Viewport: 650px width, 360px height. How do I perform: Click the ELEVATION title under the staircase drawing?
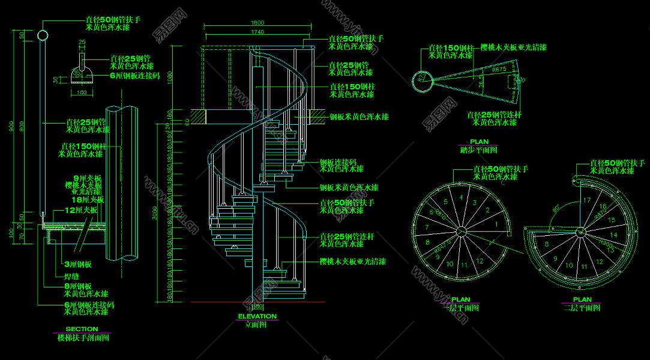point(257,316)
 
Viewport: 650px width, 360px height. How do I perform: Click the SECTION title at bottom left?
point(82,329)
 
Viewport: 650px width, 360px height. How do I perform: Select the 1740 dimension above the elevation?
point(258,32)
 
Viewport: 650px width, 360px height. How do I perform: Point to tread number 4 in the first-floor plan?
point(461,197)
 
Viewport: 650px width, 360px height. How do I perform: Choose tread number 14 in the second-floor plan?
point(613,235)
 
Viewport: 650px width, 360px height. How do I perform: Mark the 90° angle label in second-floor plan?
point(557,208)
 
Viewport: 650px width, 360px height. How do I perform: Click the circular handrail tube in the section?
point(43,35)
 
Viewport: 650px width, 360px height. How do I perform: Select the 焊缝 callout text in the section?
point(72,277)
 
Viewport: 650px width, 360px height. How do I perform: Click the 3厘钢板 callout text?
point(77,265)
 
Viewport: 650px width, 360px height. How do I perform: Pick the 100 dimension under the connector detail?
point(82,92)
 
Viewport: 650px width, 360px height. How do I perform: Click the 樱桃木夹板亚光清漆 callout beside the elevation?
point(352,262)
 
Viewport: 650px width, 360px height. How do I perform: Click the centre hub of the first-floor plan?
point(461,232)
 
